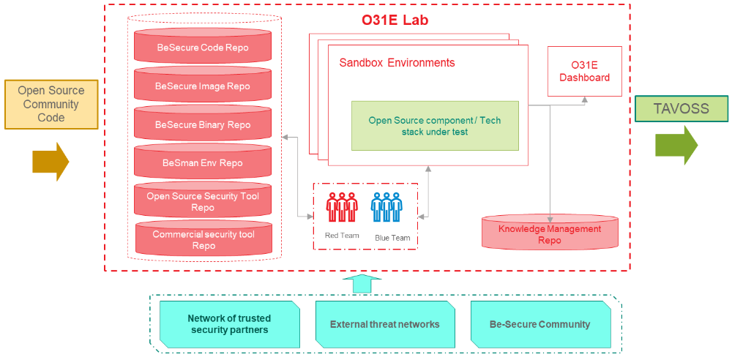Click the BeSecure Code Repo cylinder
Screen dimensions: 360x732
203,48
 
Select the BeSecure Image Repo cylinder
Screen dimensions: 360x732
203,86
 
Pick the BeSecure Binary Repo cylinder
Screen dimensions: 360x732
203,125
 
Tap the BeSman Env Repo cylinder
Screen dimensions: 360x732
203,163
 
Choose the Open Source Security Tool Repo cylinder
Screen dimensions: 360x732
203,202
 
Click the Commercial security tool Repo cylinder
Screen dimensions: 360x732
203,240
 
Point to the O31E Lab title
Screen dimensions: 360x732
395,20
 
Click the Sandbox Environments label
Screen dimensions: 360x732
397,63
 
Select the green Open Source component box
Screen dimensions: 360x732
435,126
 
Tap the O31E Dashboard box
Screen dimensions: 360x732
584,72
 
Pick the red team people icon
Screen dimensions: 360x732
342,208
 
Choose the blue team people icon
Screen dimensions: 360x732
386,208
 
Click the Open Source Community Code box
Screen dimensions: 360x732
51,104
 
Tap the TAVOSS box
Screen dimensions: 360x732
681,109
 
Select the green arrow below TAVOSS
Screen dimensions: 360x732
676,145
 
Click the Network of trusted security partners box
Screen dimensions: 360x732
229,324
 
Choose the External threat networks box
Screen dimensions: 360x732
384,324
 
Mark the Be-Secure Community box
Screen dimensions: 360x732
539,324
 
